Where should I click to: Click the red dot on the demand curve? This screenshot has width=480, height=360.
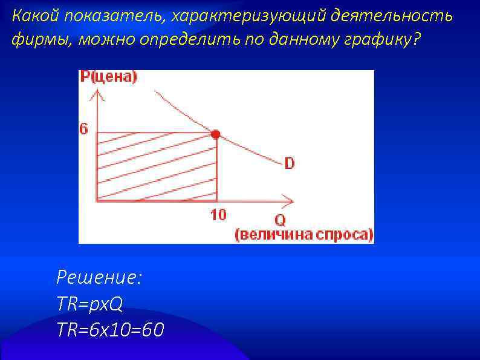216,134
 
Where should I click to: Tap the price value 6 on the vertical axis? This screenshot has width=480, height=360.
83,129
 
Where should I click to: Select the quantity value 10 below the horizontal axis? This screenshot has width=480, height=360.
218,214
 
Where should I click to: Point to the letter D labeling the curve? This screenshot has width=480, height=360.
290,163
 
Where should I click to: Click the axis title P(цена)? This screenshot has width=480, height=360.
109,77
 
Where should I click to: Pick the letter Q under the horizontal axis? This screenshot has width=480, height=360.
281,221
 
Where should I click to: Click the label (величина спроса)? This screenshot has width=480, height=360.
304,235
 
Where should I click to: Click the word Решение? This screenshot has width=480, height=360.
99,278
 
